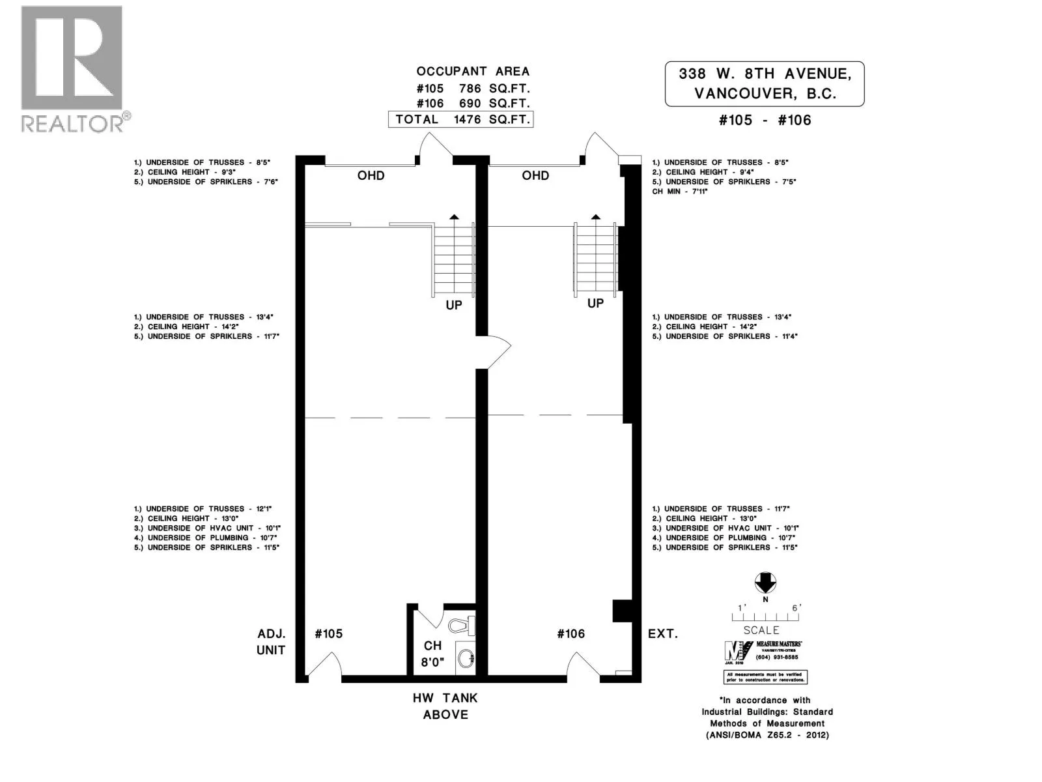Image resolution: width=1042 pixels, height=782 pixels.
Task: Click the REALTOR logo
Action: click(x=72, y=68)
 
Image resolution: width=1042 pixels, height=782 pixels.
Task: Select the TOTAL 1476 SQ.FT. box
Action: click(x=460, y=119)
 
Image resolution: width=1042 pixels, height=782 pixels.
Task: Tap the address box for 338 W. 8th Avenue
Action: click(x=764, y=83)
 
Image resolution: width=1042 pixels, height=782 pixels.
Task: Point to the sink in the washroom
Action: click(x=466, y=658)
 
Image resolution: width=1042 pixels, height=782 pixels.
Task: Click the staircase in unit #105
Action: click(x=453, y=261)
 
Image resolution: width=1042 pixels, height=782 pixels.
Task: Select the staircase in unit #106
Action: click(x=595, y=259)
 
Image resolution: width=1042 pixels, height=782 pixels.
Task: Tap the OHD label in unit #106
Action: click(x=535, y=175)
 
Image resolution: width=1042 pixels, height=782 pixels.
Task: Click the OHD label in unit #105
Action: click(x=371, y=175)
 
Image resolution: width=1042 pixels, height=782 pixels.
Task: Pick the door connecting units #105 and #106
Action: click(x=494, y=352)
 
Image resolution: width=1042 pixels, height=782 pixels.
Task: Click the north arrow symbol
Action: click(x=765, y=582)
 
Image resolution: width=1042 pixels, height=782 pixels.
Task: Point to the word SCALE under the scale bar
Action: click(x=761, y=630)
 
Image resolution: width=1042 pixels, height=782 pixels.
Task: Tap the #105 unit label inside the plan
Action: click(x=328, y=633)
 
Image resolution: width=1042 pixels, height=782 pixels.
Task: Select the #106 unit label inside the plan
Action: click(x=570, y=633)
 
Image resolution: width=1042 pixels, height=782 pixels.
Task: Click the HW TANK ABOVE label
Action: click(x=445, y=706)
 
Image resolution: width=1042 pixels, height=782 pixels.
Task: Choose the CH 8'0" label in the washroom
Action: click(x=432, y=654)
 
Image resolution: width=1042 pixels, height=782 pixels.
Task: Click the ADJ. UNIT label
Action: click(x=271, y=641)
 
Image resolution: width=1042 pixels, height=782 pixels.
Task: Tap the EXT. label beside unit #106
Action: click(x=662, y=633)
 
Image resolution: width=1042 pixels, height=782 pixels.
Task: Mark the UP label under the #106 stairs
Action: click(x=595, y=303)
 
